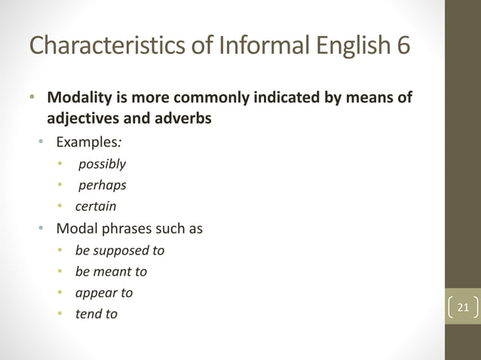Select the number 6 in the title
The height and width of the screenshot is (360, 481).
tap(403, 45)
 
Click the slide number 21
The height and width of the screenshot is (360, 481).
tap(462, 307)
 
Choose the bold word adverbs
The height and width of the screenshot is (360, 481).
tap(183, 119)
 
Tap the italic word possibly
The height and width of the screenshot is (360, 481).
tap(102, 163)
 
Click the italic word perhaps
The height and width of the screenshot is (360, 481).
tap(102, 185)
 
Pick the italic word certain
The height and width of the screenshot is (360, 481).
tap(96, 206)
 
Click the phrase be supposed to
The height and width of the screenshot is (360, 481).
tap(120, 250)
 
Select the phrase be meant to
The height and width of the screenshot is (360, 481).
tap(111, 271)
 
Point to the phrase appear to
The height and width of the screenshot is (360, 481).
tap(104, 292)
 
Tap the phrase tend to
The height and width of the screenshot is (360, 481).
tap(97, 314)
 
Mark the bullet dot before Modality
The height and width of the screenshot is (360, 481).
tap(32, 99)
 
